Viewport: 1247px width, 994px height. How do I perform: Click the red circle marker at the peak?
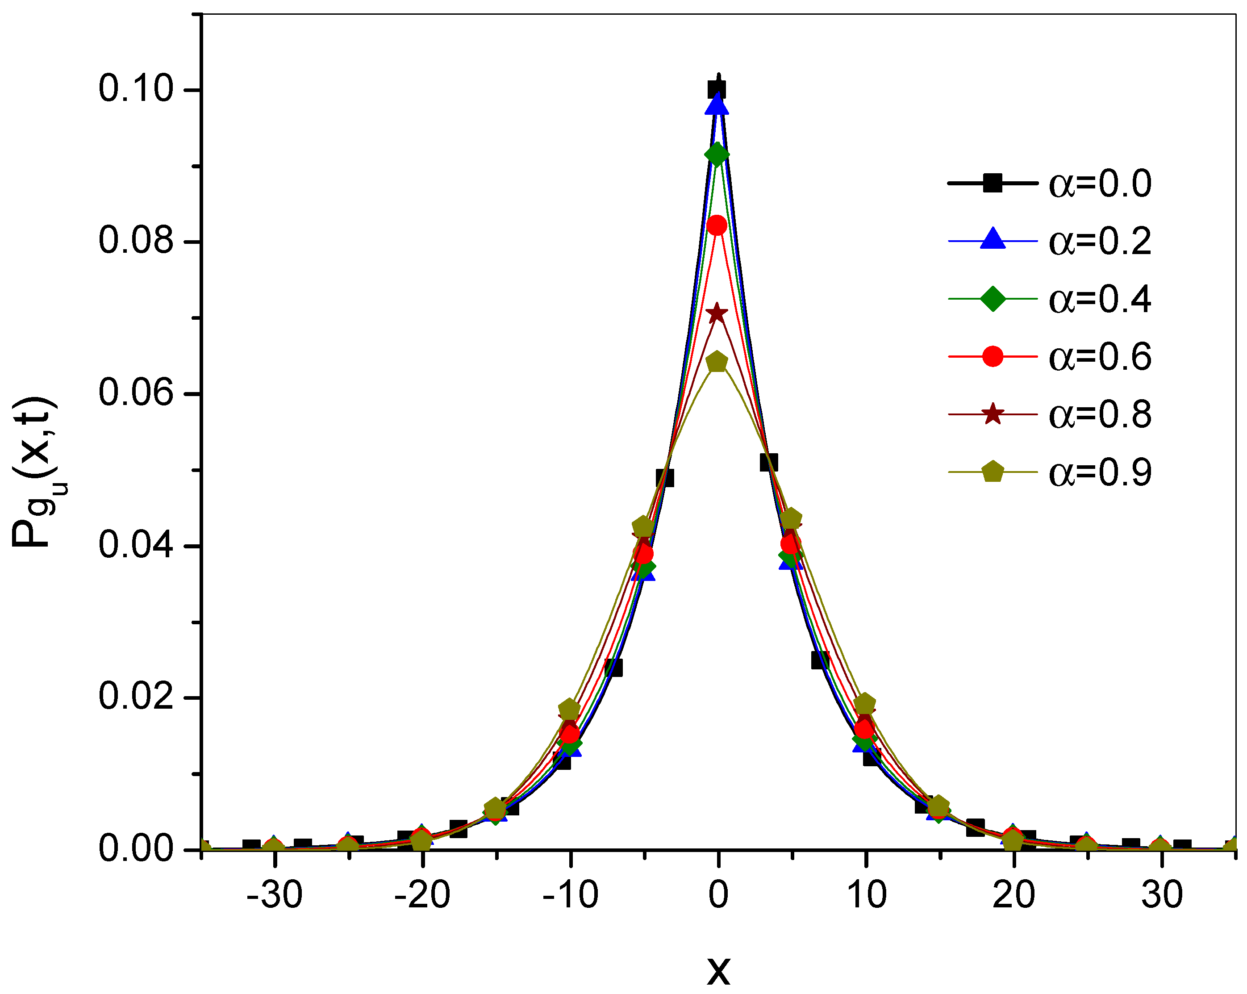pyautogui.click(x=717, y=225)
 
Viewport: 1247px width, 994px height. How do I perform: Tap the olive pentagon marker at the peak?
pyautogui.click(x=717, y=362)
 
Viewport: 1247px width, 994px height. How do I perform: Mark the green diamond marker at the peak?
pyautogui.click(x=717, y=155)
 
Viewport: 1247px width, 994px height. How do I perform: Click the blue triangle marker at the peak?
pyautogui.click(x=717, y=106)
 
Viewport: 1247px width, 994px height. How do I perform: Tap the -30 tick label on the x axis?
pyautogui.click(x=274, y=894)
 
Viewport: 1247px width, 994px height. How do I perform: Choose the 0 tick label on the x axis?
pyautogui.click(x=718, y=894)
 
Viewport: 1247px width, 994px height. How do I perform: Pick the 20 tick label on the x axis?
pyautogui.click(x=1014, y=894)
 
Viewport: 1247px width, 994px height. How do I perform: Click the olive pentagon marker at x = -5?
pyautogui.click(x=643, y=527)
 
